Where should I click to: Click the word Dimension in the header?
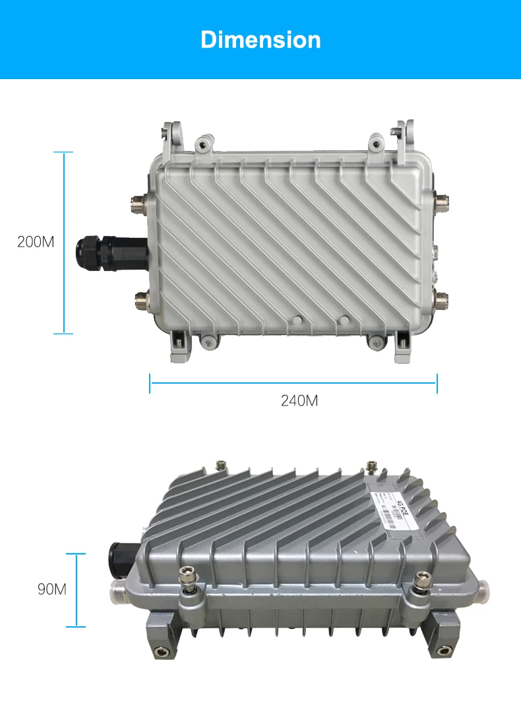click(260, 40)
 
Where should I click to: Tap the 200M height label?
click(36, 242)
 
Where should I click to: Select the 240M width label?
click(299, 400)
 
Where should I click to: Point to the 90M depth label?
click(52, 589)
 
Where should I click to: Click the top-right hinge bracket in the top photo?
click(403, 137)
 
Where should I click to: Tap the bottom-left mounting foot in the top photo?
click(179, 347)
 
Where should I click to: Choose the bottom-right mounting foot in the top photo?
click(400, 347)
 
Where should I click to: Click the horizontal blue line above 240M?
click(293, 382)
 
